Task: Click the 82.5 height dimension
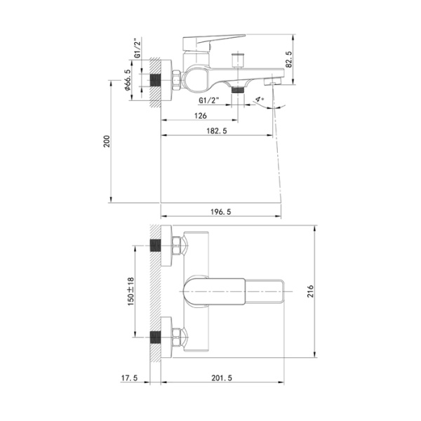click(x=289, y=59)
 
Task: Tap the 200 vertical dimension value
click(x=107, y=141)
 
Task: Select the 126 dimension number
click(x=201, y=116)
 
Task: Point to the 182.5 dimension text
click(x=217, y=131)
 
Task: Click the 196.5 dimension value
click(x=221, y=212)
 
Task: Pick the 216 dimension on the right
click(x=310, y=291)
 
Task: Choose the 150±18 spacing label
click(x=131, y=291)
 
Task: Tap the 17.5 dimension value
click(x=129, y=378)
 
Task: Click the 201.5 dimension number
click(x=222, y=378)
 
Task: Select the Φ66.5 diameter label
click(x=128, y=80)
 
